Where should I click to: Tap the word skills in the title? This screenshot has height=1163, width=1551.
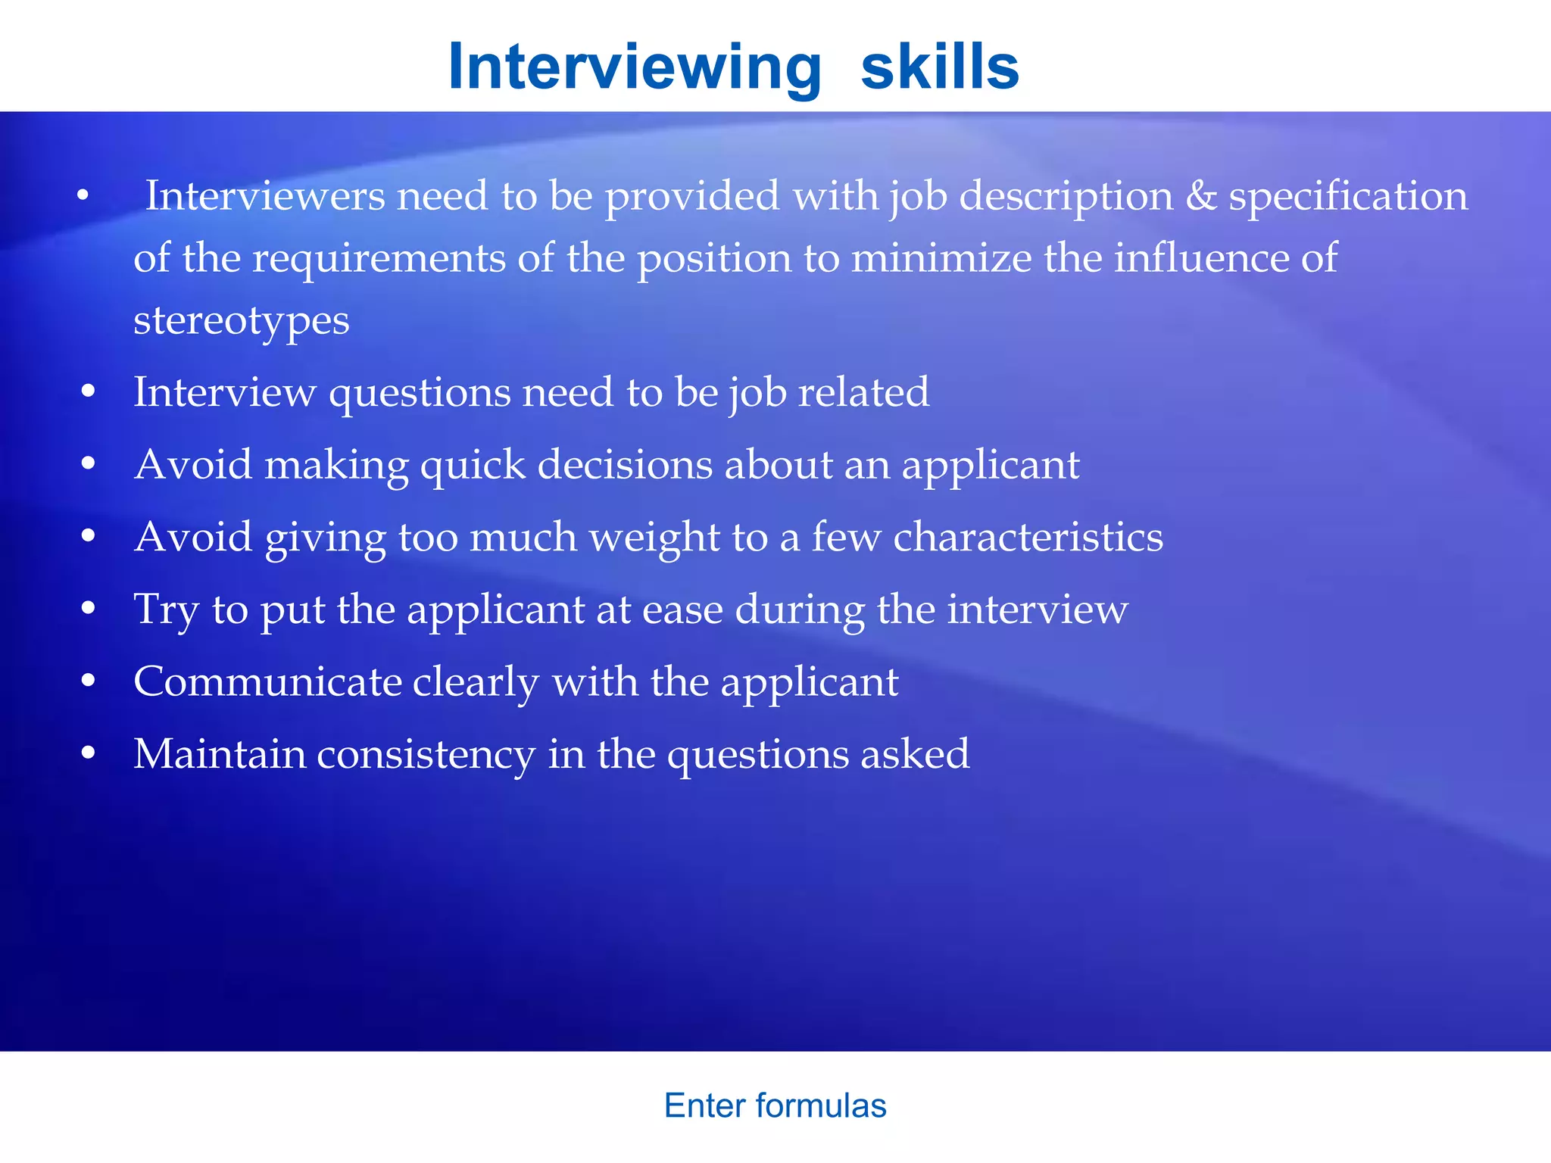coord(940,67)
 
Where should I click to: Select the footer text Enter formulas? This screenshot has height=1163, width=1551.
coord(775,1105)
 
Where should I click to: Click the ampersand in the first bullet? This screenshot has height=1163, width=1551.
coord(1200,196)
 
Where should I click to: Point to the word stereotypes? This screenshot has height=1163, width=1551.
coord(241,321)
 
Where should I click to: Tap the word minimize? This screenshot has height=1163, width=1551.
coord(941,258)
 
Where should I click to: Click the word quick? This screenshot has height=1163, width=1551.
coord(473,466)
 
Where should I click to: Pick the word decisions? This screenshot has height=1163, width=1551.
coord(625,464)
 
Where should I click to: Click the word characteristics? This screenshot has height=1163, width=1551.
coord(1028,537)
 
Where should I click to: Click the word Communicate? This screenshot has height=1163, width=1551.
coord(267,681)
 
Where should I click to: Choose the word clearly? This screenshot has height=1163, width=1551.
coord(476,683)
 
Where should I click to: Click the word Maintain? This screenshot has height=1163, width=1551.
coord(220,754)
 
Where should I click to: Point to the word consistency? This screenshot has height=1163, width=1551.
coord(426,756)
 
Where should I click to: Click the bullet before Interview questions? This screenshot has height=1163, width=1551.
coord(89,391)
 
